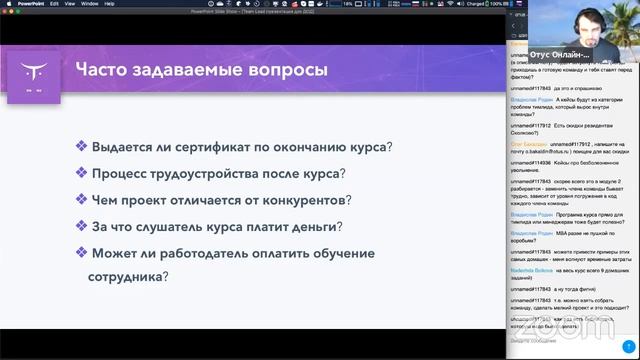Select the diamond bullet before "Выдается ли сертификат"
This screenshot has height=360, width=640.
coord(80,145)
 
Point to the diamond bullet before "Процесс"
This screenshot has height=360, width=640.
coord(80,172)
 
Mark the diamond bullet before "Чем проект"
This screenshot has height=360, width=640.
coord(80,199)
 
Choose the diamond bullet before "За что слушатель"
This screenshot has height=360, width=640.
coord(80,226)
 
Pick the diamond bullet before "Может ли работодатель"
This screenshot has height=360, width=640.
coord(80,253)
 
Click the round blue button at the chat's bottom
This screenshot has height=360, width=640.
coord(627,345)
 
